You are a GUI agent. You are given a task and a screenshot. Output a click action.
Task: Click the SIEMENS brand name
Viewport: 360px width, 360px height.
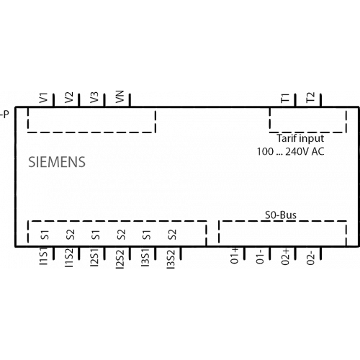coord(57,162)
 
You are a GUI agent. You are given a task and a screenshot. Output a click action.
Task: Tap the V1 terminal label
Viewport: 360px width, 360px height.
coord(44,98)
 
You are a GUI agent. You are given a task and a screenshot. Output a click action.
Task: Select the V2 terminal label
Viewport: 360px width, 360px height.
coord(69,97)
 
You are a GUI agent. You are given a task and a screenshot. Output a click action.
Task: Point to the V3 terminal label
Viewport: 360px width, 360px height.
coord(94,97)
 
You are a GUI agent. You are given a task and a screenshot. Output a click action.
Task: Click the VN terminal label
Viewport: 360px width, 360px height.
coord(120,96)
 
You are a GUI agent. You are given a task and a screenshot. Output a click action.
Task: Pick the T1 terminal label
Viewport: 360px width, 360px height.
coord(285,98)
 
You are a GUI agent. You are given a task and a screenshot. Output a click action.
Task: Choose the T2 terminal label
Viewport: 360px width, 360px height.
coord(310,97)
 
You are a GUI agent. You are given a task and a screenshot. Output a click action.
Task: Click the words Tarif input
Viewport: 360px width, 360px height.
coord(300,138)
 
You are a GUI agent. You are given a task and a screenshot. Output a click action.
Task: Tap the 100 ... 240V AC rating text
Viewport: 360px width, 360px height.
coord(291,151)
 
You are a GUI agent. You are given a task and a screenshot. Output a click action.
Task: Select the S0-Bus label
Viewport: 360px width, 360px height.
coord(281,215)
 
